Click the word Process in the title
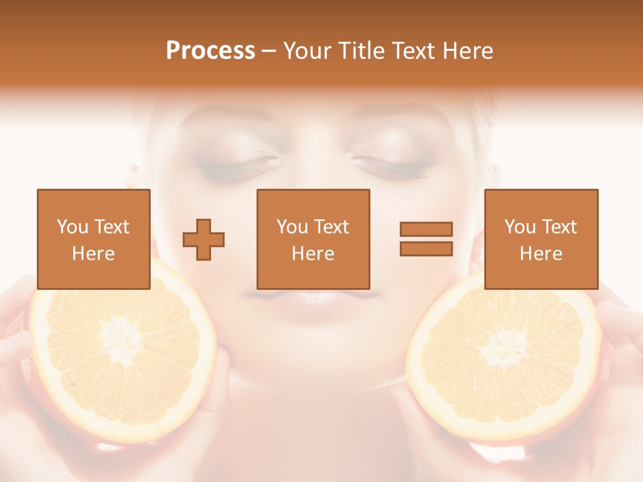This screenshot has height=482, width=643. [210, 51]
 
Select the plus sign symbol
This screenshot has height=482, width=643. [204, 240]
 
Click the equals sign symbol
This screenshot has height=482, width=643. [426, 239]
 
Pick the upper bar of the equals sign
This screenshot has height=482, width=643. [426, 230]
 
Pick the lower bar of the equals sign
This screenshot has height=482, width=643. [426, 248]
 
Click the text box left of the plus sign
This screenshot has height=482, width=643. [94, 239]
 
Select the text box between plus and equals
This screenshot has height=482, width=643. [313, 239]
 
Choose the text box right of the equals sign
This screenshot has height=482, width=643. [541, 239]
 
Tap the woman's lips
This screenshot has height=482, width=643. [313, 299]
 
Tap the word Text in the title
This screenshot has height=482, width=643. [413, 51]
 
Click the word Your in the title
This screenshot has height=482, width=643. [308, 51]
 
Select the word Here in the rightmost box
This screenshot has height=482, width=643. [541, 254]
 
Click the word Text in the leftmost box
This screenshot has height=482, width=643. [111, 227]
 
